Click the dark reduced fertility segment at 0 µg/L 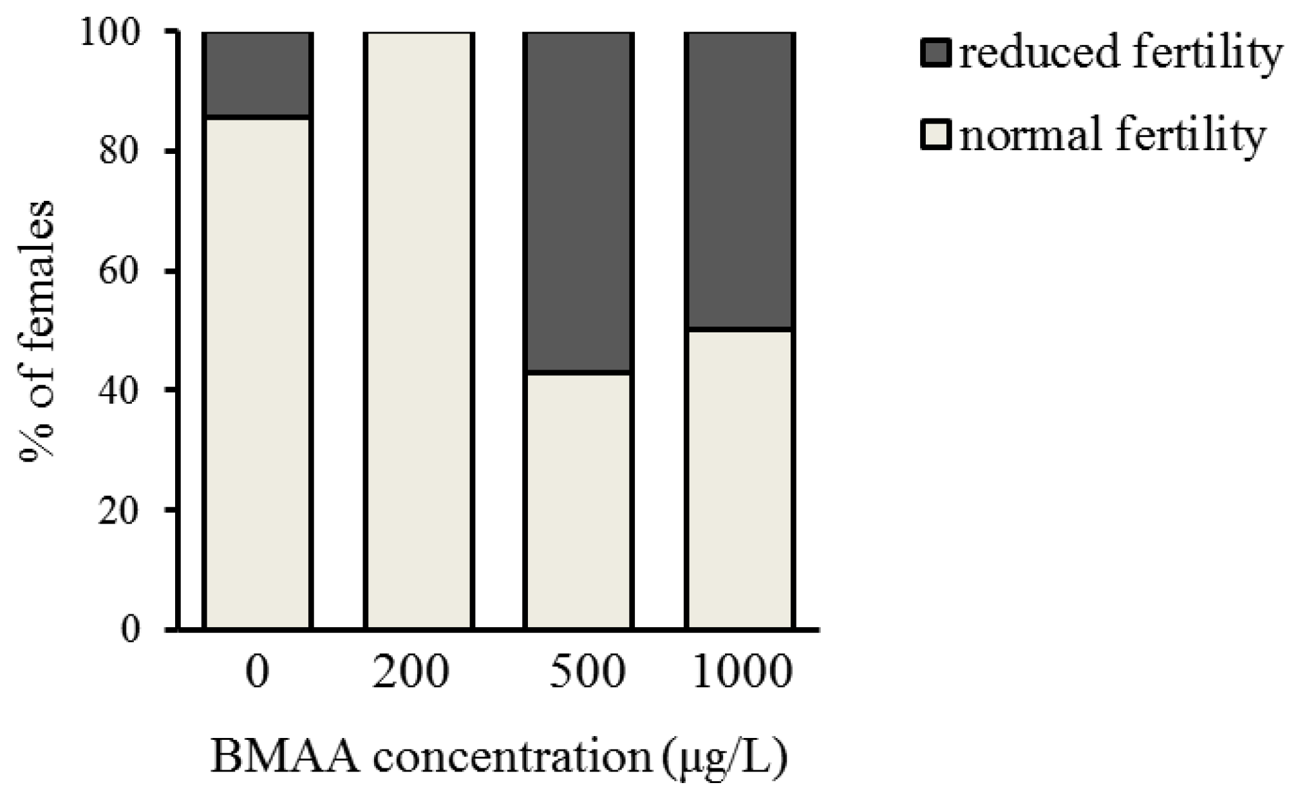tap(258, 74)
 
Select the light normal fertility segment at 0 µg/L tap(258, 373)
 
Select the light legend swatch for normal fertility tap(936, 136)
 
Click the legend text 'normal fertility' tap(1113, 136)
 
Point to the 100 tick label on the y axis tap(109, 32)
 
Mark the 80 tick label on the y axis tap(119, 152)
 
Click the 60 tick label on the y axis tap(119, 271)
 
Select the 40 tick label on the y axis tap(119, 391)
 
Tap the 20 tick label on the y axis tap(119, 510)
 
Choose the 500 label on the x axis tap(587, 672)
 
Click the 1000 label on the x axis tap(742, 672)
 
